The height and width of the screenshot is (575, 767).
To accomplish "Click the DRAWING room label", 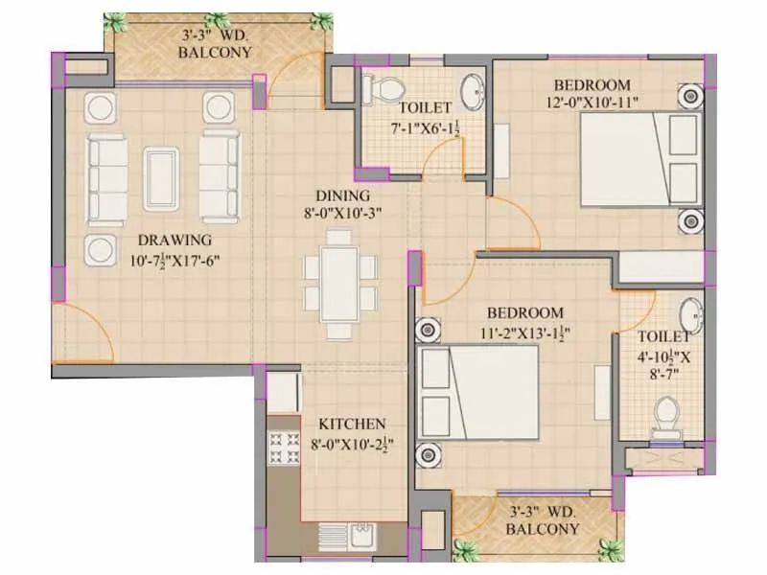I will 173,240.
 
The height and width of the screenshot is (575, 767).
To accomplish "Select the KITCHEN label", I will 352,423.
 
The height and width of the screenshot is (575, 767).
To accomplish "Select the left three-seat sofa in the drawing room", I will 105,176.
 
